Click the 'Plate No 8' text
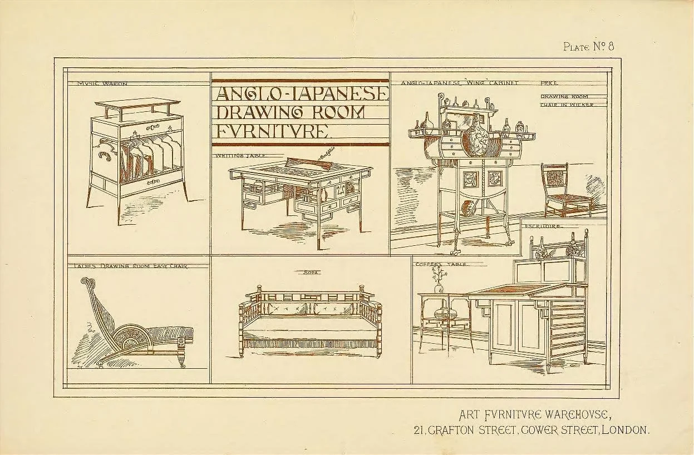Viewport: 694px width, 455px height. coord(588,46)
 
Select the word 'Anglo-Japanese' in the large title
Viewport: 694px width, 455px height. coord(300,93)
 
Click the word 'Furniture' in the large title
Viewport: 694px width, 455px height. coord(273,131)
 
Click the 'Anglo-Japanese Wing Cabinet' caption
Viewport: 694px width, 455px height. coord(459,83)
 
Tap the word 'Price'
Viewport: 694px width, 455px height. coord(549,83)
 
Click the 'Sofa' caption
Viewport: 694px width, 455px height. coord(310,273)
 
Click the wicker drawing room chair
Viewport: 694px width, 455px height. coord(563,192)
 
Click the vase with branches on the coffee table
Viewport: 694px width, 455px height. coord(439,281)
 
